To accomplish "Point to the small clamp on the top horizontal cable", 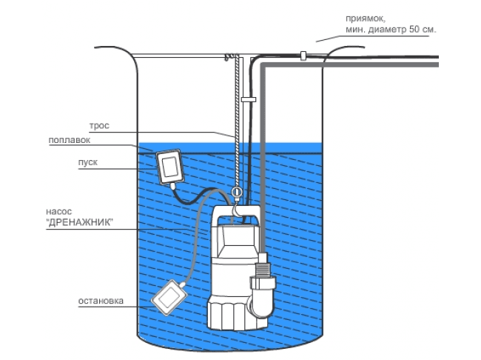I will point(303,54).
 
